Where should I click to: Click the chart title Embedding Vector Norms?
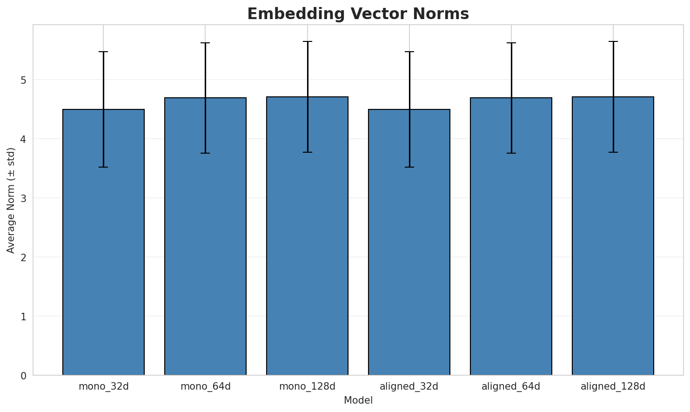point(358,14)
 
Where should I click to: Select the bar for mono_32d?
point(103,242)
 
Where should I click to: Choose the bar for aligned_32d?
point(409,242)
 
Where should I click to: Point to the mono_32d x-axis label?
point(103,386)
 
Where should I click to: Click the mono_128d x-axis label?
point(307,386)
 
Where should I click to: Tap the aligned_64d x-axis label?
point(511,386)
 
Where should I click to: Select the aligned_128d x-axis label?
point(613,386)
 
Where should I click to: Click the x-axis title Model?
point(358,400)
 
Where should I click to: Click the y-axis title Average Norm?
point(11,200)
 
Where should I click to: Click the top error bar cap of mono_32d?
point(103,52)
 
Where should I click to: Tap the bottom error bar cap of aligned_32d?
point(409,167)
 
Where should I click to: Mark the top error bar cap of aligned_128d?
point(613,41)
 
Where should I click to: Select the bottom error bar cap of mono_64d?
point(205,153)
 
